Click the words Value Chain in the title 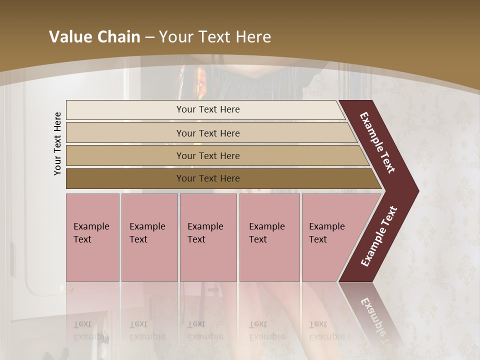pos(94,36)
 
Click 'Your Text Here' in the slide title pos(215,36)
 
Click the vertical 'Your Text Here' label pos(57,143)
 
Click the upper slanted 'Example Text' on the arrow pos(377,142)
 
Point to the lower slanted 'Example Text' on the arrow pos(379,236)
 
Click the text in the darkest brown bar pos(208,178)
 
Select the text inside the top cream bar pos(208,109)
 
